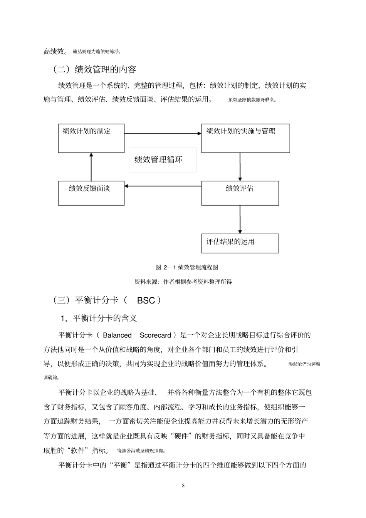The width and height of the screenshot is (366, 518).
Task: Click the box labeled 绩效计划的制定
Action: [91, 138]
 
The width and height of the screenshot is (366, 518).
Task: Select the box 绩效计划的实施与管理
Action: [245, 138]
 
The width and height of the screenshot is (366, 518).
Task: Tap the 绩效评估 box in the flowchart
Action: [240, 193]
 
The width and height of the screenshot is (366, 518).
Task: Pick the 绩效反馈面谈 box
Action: [91, 193]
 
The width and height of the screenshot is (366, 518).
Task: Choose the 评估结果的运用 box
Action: [240, 243]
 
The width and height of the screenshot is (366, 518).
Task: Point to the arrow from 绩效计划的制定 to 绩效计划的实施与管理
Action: [163, 134]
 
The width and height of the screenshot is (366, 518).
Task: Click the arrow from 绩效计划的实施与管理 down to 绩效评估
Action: [240, 167]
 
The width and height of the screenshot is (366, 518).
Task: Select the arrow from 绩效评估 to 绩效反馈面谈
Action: [163, 186]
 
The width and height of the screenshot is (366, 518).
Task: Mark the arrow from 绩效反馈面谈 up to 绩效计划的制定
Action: [91, 167]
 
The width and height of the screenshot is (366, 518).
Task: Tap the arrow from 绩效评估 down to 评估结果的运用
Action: [240, 219]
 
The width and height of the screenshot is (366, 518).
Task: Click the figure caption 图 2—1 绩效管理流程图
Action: [187, 267]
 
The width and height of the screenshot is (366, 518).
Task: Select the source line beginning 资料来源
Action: [183, 282]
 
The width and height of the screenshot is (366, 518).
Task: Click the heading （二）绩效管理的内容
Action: [94, 69]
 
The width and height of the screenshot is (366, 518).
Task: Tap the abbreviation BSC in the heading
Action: [146, 300]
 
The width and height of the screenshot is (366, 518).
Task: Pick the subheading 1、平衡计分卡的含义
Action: [99, 319]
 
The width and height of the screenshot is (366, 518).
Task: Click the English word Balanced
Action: [117, 335]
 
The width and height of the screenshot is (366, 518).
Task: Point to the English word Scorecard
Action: [155, 335]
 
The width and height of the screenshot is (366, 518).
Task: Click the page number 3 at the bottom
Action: [183, 486]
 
